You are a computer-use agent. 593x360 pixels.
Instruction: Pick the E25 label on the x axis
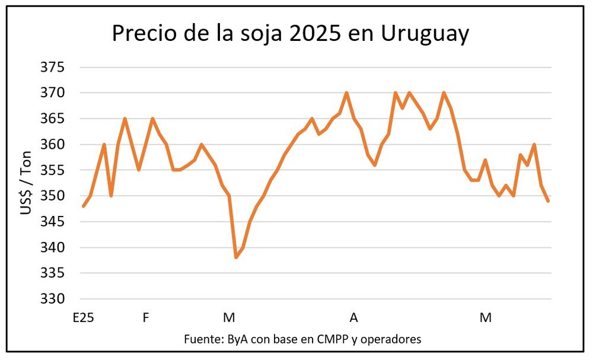click(x=82, y=318)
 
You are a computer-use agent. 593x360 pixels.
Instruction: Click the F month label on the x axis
click(x=146, y=318)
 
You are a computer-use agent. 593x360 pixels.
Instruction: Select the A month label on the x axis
click(x=354, y=318)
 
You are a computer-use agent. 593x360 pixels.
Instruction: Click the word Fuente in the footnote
click(x=202, y=339)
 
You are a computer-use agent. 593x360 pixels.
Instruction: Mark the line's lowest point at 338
click(x=236, y=257)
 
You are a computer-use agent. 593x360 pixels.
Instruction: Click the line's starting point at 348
click(x=84, y=206)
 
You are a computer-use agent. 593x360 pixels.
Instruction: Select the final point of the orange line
click(x=549, y=201)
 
